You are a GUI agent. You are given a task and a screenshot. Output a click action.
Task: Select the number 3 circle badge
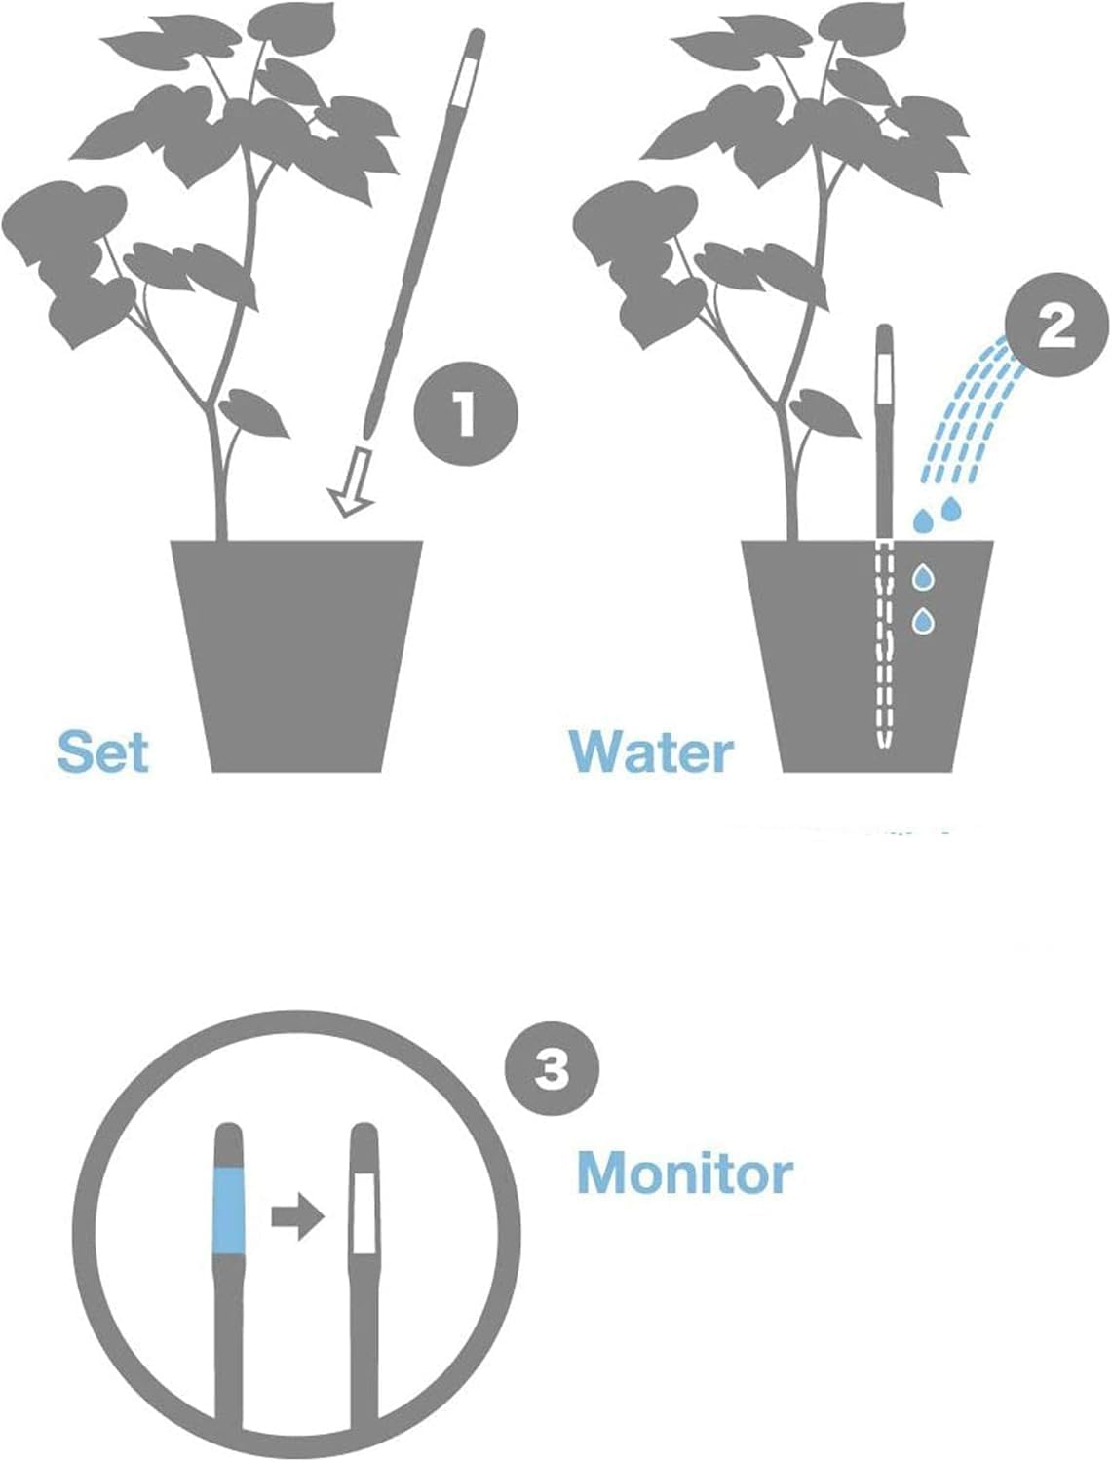pyautogui.click(x=552, y=1071)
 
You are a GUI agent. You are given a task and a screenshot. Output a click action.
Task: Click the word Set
pyautogui.click(x=102, y=752)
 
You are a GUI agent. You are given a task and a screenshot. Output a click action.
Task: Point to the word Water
pyautogui.click(x=651, y=752)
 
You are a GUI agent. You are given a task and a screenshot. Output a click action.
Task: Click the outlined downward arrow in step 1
pyautogui.click(x=353, y=482)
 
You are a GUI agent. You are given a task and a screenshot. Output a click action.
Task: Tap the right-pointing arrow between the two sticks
pyautogui.click(x=296, y=1217)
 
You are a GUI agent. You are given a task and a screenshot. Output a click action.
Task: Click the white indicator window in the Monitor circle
pyautogui.click(x=364, y=1212)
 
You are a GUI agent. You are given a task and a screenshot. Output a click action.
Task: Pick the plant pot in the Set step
pyautogui.click(x=297, y=653)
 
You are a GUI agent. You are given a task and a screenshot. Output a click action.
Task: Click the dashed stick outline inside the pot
pyautogui.click(x=884, y=643)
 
